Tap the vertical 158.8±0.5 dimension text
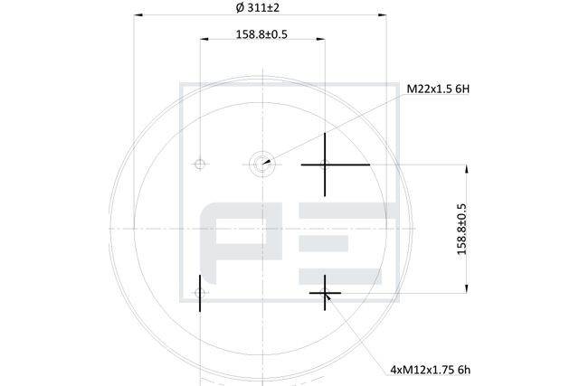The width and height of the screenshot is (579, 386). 461,229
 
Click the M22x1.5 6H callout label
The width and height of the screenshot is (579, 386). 437,89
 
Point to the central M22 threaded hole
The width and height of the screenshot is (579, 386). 261,164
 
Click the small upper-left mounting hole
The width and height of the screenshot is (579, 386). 200,164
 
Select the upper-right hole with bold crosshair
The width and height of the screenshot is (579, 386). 325,165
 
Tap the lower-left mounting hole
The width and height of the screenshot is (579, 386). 200,293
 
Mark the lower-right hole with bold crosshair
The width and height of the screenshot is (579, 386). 325,293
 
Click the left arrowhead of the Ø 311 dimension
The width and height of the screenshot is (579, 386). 138,15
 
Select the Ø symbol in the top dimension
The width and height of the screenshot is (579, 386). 239,7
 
